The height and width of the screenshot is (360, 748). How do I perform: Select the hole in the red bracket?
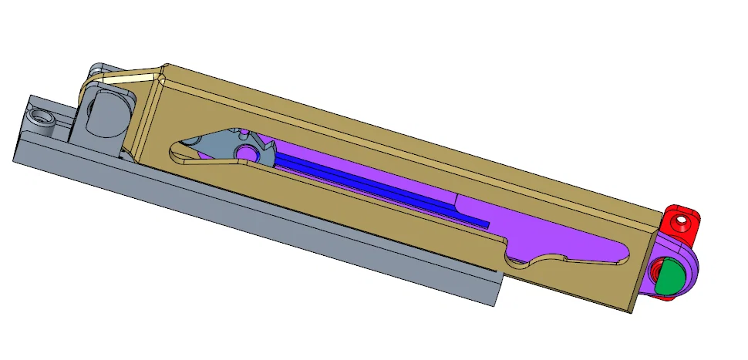point(681,221)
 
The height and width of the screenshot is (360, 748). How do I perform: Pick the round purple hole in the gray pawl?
point(248,153)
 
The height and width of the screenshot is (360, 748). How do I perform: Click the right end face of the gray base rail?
point(496,288)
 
